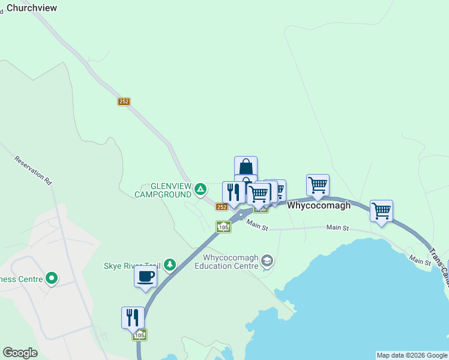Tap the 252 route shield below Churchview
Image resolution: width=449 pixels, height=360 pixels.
[124, 102]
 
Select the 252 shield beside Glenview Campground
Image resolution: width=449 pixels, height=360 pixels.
[221, 207]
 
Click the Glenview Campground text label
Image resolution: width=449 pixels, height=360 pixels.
[163, 190]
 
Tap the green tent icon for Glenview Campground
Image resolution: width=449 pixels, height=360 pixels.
[200, 190]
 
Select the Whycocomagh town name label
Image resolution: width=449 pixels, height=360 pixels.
[319, 205]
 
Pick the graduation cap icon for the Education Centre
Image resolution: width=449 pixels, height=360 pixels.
[267, 261]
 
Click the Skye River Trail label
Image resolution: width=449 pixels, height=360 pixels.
[131, 266]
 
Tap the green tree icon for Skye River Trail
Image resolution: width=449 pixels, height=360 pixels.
[170, 264]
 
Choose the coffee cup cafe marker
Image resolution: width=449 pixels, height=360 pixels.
[146, 277]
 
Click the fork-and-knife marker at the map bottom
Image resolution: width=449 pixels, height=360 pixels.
[133, 317]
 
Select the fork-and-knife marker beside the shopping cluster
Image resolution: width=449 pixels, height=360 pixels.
[234, 192]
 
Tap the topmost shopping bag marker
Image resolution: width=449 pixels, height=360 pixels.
[246, 166]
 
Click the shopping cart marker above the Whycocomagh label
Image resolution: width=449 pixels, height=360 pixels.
[318, 184]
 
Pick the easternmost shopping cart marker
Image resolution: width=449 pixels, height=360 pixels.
[381, 211]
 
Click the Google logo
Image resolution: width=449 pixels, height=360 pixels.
[20, 353]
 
